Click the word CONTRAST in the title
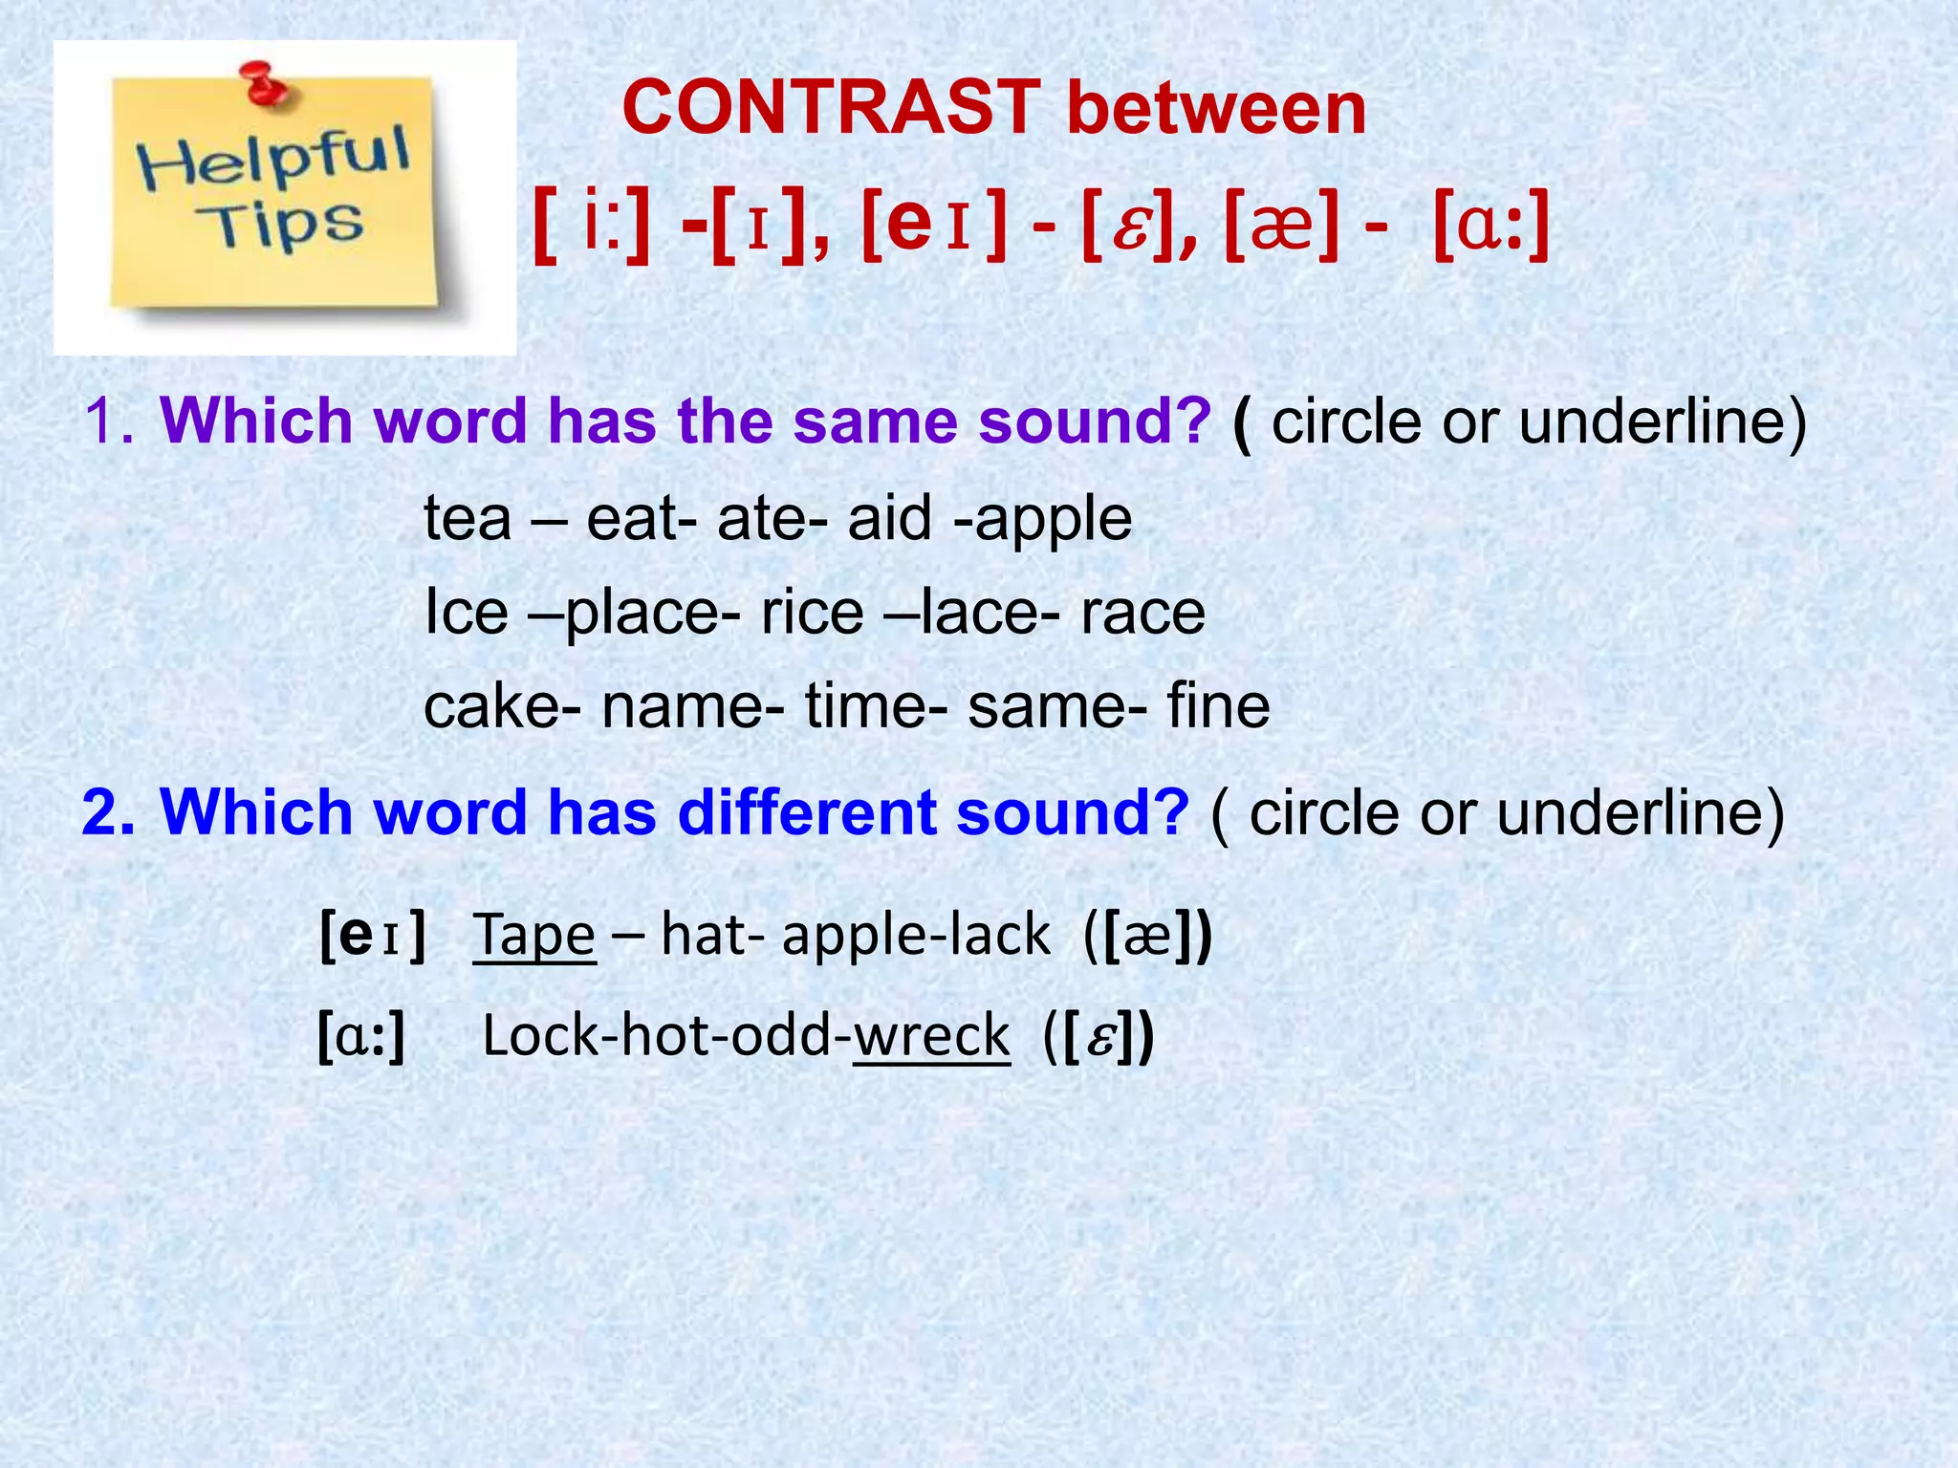coord(831,107)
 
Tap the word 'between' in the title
coord(1216,107)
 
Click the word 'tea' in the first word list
coord(468,519)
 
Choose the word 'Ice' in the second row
coord(466,613)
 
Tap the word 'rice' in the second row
coord(812,613)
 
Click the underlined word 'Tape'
coord(534,935)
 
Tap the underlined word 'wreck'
coord(931,1035)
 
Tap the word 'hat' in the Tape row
coord(703,935)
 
